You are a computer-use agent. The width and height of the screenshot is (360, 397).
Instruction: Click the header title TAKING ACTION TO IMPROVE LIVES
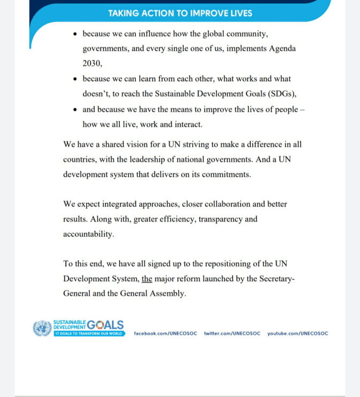[x=180, y=13]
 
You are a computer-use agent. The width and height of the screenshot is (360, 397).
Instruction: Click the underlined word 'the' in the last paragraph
[x=147, y=279]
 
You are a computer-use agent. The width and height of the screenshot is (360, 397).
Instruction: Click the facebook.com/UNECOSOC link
[x=166, y=333]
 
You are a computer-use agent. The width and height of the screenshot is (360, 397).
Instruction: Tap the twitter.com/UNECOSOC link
[x=232, y=333]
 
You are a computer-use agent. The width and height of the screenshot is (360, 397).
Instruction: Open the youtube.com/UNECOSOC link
[x=298, y=333]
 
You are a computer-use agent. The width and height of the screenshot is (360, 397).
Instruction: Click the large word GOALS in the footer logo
[x=105, y=325]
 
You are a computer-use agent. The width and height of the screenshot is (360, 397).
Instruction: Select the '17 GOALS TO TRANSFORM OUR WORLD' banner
[x=89, y=333]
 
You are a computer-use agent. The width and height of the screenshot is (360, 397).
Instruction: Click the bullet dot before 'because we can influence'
[x=75, y=34]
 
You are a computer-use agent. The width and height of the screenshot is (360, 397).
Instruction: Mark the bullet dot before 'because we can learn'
[x=75, y=79]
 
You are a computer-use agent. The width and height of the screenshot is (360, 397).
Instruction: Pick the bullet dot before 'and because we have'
[x=75, y=110]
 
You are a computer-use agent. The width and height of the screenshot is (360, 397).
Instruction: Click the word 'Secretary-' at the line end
[x=277, y=279]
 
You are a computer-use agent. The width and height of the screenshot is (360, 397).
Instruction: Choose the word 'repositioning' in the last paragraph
[x=217, y=264]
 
